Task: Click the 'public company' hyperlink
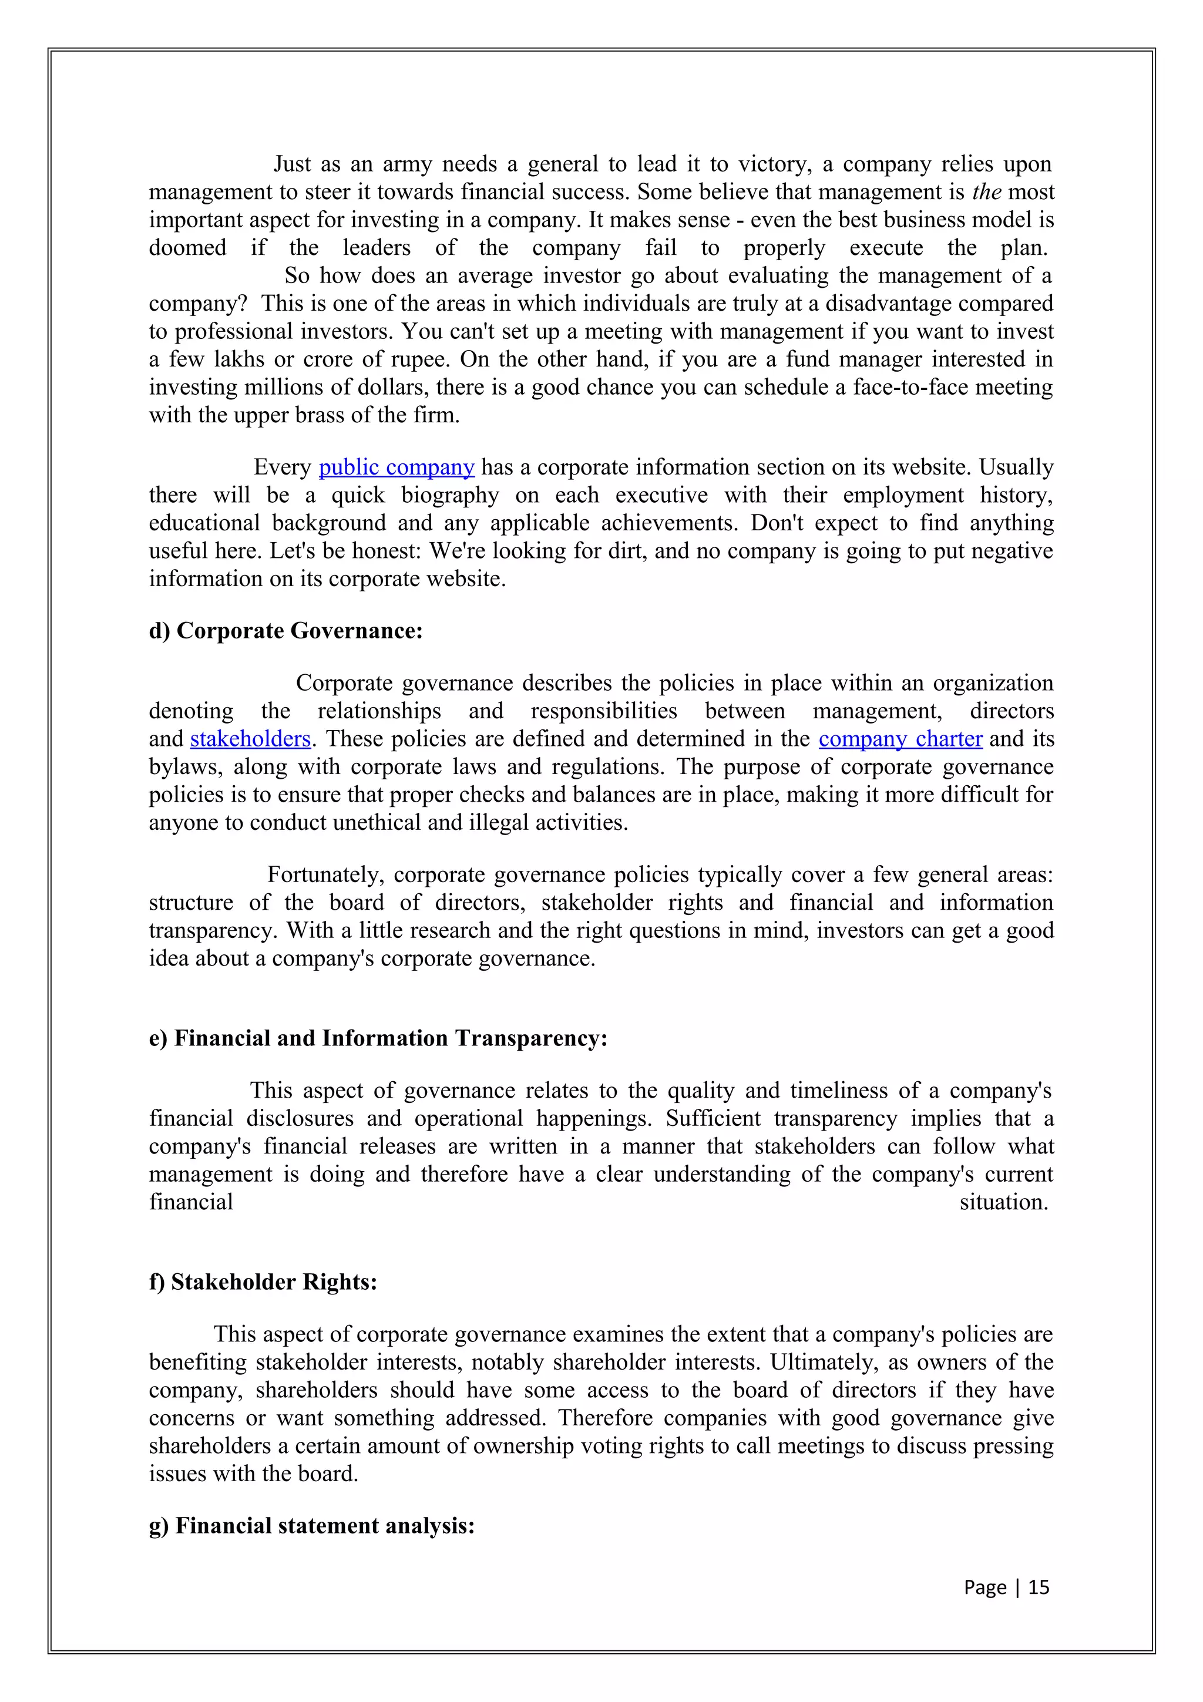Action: tap(396, 467)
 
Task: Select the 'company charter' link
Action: tap(900, 738)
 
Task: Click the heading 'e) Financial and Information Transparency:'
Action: tap(378, 1038)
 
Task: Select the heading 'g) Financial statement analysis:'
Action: tap(311, 1526)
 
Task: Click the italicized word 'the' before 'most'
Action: tap(987, 192)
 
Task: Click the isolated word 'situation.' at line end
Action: tap(1004, 1202)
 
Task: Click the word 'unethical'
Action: tap(377, 822)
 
